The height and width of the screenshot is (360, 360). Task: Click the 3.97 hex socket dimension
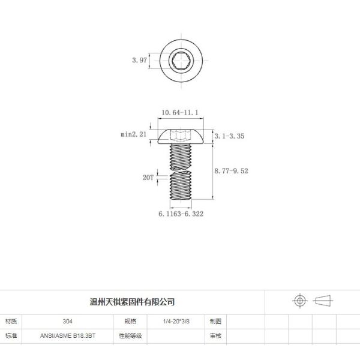[x=139, y=61]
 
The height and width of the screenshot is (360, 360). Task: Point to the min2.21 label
[x=133, y=135]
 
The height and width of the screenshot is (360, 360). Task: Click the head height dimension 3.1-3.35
[x=229, y=136]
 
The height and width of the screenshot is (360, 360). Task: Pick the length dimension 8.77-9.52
[x=231, y=171]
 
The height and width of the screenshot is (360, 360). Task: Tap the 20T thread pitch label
[x=148, y=178]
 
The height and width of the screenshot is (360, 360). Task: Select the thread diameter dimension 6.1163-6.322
[x=181, y=214]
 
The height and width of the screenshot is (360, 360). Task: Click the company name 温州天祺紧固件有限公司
[x=131, y=301]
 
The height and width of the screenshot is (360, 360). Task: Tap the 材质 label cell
[x=12, y=322]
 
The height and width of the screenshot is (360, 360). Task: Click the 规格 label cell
[x=130, y=322]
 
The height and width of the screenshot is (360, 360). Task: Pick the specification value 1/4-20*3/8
[x=176, y=322]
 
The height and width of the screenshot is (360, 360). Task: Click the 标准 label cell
[x=12, y=336]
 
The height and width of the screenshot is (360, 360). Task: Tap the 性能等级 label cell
[x=130, y=336]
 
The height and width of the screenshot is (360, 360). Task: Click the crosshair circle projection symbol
[x=299, y=301]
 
